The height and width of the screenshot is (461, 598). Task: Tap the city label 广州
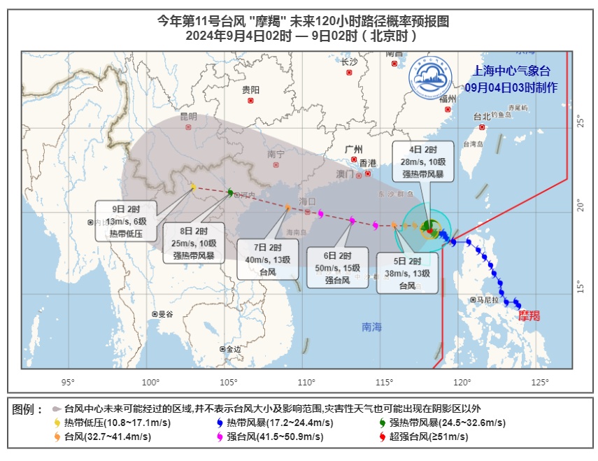click(354, 150)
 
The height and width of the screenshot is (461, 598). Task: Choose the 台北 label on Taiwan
click(482, 117)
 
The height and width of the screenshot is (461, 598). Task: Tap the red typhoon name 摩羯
click(529, 316)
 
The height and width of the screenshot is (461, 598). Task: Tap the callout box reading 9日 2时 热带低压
click(125, 222)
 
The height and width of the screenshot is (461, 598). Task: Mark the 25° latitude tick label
click(580, 122)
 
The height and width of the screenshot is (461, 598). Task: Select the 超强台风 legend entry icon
click(382, 437)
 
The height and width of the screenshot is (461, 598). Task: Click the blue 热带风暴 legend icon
click(220, 423)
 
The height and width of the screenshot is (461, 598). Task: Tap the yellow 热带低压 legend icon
click(57, 423)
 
